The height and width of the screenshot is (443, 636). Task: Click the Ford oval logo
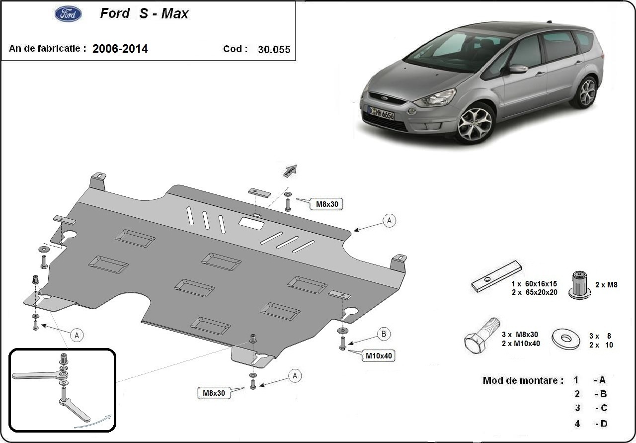pos(68,14)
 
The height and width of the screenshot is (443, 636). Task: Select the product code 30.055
pos(274,49)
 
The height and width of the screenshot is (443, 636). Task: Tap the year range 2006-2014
pos(120,49)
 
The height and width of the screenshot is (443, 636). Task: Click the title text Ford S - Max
pos(144,14)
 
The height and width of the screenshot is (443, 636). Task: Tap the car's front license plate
pos(381,113)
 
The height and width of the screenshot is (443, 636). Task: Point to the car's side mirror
pos(517,69)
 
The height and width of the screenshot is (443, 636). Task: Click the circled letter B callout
pos(384,334)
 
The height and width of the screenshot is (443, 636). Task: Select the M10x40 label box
pos(380,355)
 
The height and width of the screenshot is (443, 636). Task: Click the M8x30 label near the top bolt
pos(326,203)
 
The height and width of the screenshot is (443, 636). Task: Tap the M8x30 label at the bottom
pos(214,393)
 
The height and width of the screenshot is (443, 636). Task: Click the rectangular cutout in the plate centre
pos(252,223)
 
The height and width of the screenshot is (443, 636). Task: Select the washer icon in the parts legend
pos(566,338)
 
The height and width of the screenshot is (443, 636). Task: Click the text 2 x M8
pos(606,285)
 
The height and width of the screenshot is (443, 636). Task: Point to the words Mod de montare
pos(523,380)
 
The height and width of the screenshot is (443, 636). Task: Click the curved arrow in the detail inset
pos(92,421)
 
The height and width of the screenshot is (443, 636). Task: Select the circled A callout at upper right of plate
pos(390,221)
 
